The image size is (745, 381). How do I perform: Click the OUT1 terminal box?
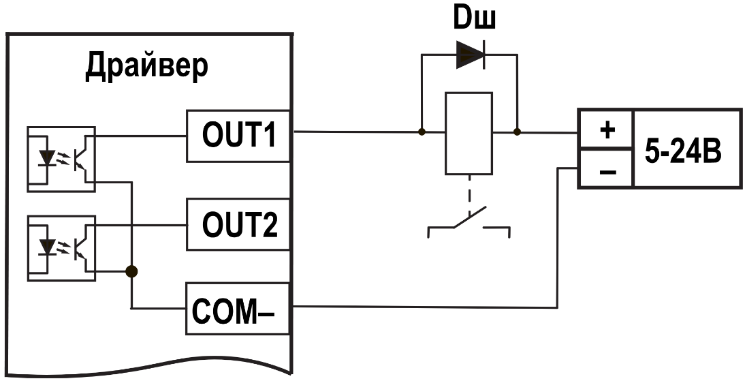[238, 136]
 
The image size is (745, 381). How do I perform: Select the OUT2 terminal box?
[238, 224]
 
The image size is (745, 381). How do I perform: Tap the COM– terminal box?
[238, 309]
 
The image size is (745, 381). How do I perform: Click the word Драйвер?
[147, 67]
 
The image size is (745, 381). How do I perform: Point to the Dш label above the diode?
[474, 18]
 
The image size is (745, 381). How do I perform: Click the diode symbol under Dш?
[471, 55]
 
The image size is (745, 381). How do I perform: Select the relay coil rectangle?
[469, 134]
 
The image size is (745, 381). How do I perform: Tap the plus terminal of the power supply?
[605, 130]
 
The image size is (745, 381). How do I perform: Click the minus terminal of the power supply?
[605, 168]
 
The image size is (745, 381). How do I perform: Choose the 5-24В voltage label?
[683, 151]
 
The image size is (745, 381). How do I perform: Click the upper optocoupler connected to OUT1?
[61, 159]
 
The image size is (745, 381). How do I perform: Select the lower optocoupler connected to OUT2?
[61, 248]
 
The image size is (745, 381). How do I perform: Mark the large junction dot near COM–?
[131, 271]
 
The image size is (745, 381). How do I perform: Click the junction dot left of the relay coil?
[422, 132]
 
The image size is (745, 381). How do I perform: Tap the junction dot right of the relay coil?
[517, 132]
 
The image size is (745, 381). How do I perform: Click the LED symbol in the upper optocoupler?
[46, 157]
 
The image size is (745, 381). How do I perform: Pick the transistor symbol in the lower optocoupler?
[81, 247]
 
